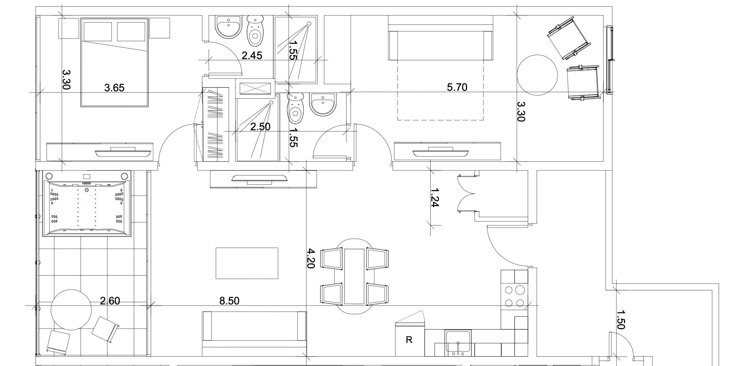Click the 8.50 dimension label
pyautogui.click(x=229, y=301)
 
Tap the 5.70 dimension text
pyautogui.click(x=457, y=87)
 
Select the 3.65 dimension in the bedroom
pyautogui.click(x=114, y=88)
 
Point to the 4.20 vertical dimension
pyautogui.click(x=311, y=258)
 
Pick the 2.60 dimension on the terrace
pyautogui.click(x=110, y=301)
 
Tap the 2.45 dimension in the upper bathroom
pyautogui.click(x=252, y=56)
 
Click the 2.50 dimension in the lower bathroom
pyautogui.click(x=260, y=127)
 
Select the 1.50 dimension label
pyautogui.click(x=620, y=320)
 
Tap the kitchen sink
pyautogui.click(x=458, y=343)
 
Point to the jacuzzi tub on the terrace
pyautogui.click(x=87, y=204)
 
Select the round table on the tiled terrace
pyautogui.click(x=71, y=310)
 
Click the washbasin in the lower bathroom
pyautogui.click(x=323, y=104)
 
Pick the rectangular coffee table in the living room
pyautogui.click(x=247, y=263)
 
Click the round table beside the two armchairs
pyautogui.click(x=537, y=75)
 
